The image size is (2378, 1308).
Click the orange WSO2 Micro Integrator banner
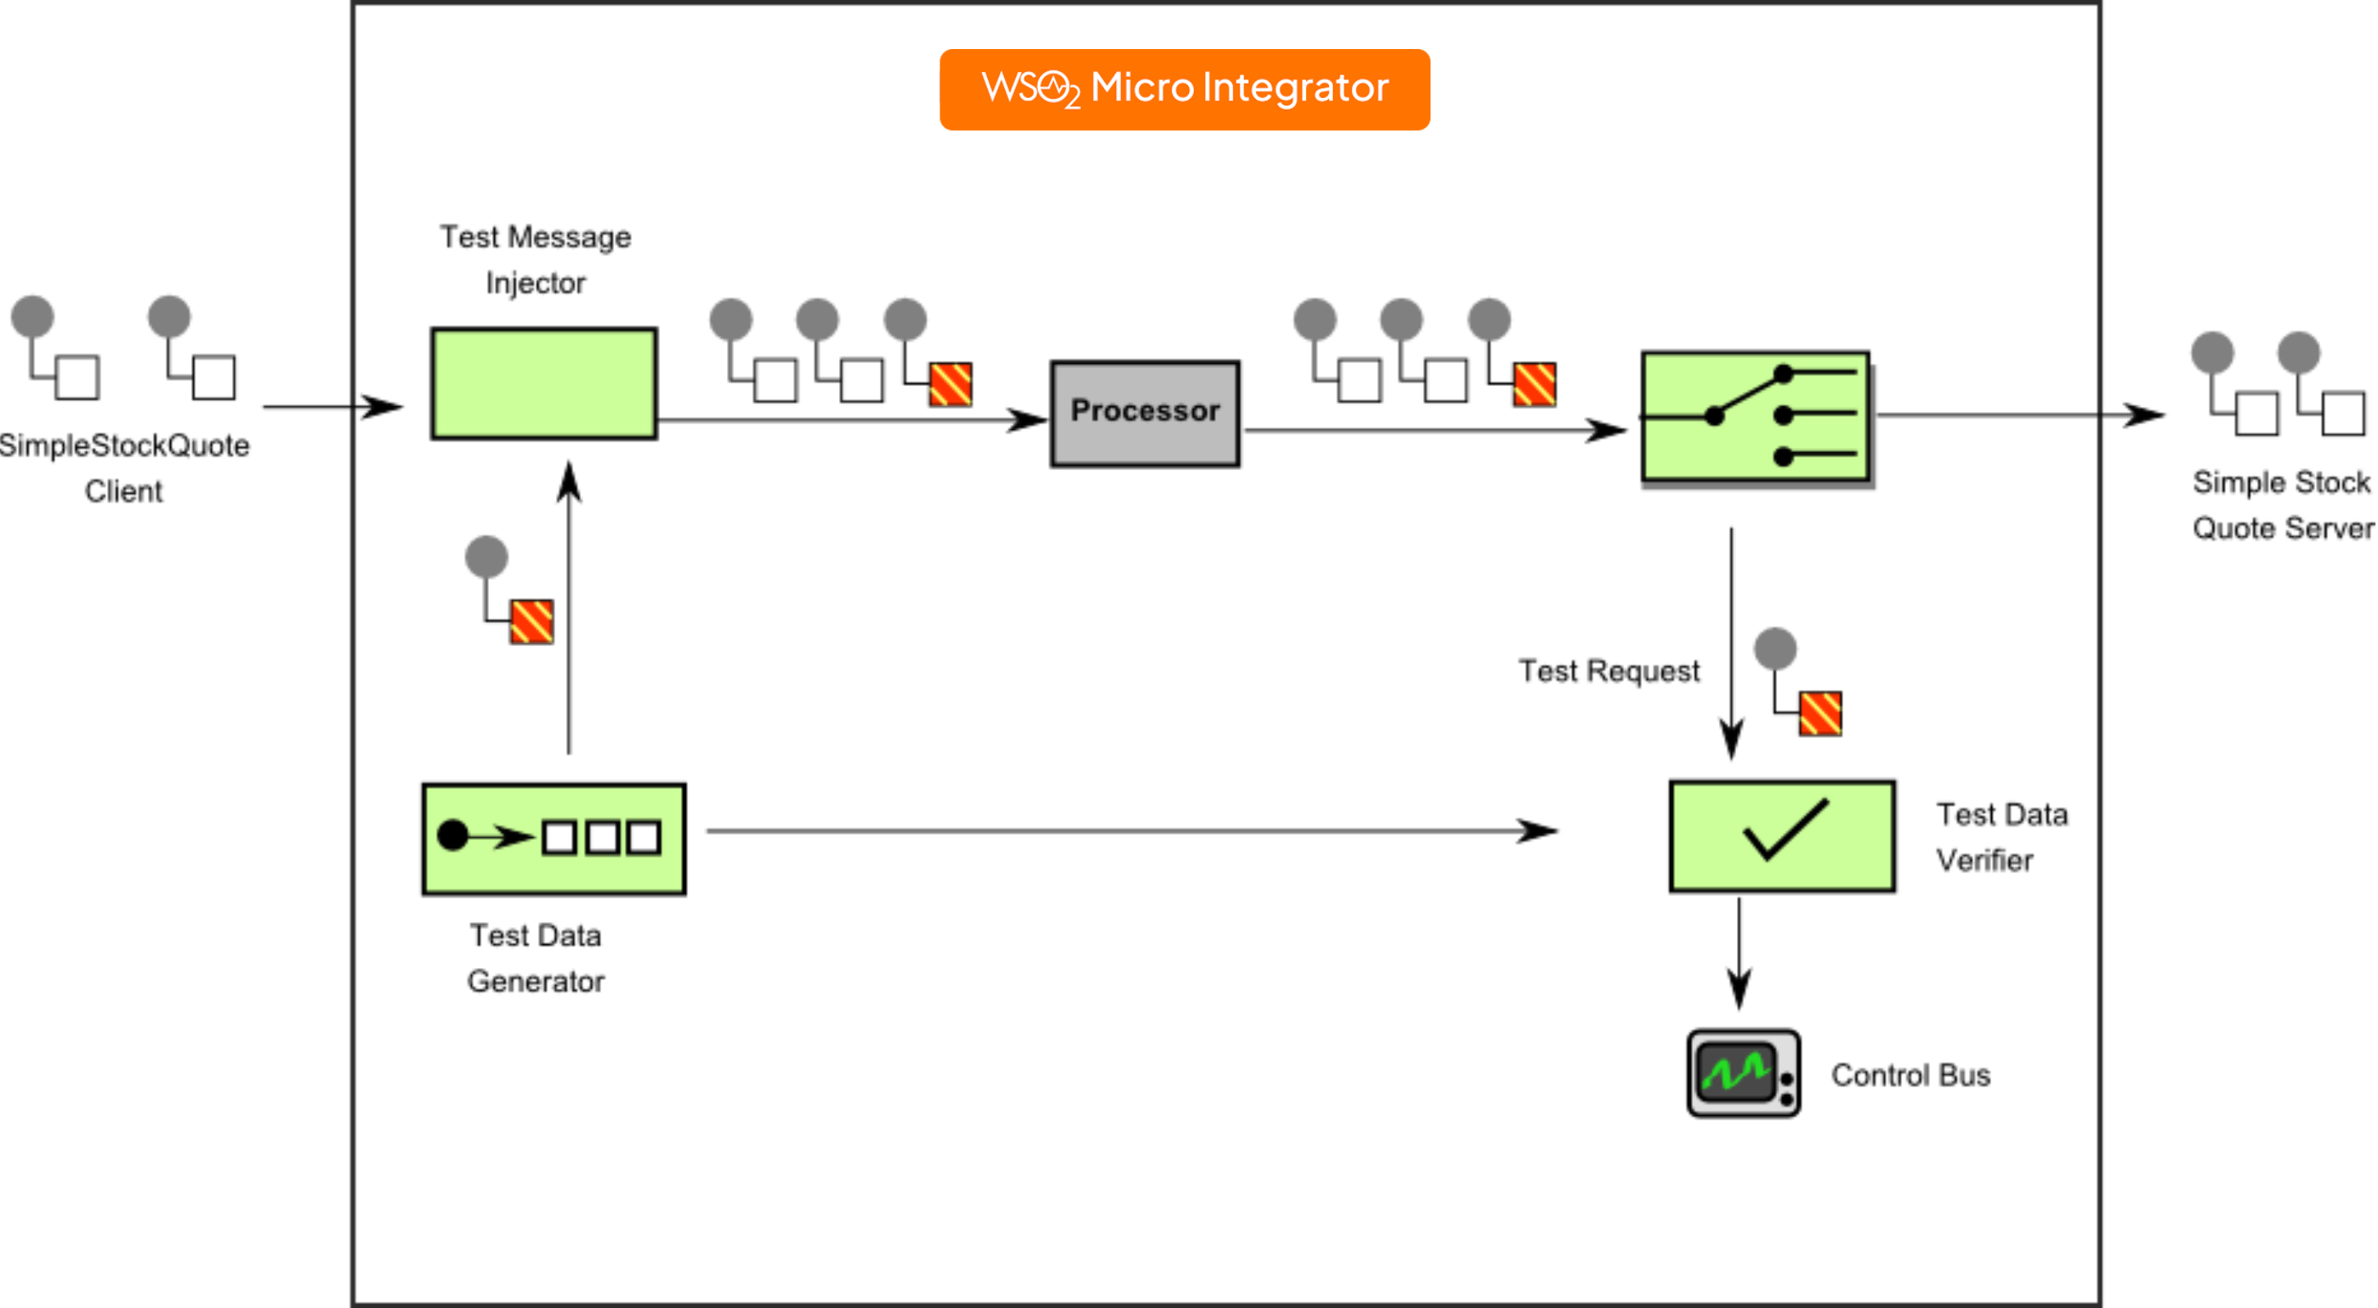point(1184,90)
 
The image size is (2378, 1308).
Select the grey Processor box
point(1145,413)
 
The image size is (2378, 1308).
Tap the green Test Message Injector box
point(544,383)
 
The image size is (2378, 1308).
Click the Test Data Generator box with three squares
point(554,838)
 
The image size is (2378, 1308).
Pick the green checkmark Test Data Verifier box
point(1782,835)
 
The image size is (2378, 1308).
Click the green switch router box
point(1755,416)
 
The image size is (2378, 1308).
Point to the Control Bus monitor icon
point(1742,1073)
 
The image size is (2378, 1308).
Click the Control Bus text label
point(1910,1075)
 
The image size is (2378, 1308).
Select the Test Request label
point(1609,671)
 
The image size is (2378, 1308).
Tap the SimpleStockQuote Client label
point(123,468)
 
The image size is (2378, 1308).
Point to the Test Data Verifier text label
point(2000,837)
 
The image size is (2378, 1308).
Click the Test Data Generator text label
point(536,958)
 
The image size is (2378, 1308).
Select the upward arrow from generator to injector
point(568,609)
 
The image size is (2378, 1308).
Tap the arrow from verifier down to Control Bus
point(1739,956)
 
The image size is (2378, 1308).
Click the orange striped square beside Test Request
point(1819,714)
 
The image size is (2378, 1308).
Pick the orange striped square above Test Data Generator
point(532,621)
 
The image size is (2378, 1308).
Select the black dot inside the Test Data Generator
point(452,835)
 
